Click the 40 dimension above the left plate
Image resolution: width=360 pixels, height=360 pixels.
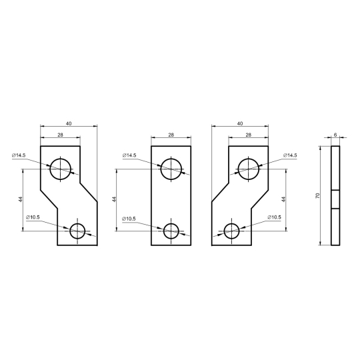[69, 123]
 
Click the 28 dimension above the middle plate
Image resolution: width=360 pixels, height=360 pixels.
[171, 135]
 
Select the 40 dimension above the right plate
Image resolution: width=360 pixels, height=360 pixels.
[240, 123]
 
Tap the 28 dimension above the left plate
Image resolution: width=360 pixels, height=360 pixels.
[60, 135]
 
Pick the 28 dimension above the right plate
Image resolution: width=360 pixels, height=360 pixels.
[248, 135]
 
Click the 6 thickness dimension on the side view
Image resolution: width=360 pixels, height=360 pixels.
[335, 135]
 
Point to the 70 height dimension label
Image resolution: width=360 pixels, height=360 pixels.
[318, 196]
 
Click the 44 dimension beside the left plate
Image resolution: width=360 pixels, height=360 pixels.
[21, 199]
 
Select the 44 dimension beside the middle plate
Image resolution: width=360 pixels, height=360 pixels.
[115, 199]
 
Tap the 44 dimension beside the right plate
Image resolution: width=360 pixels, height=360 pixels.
[283, 199]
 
